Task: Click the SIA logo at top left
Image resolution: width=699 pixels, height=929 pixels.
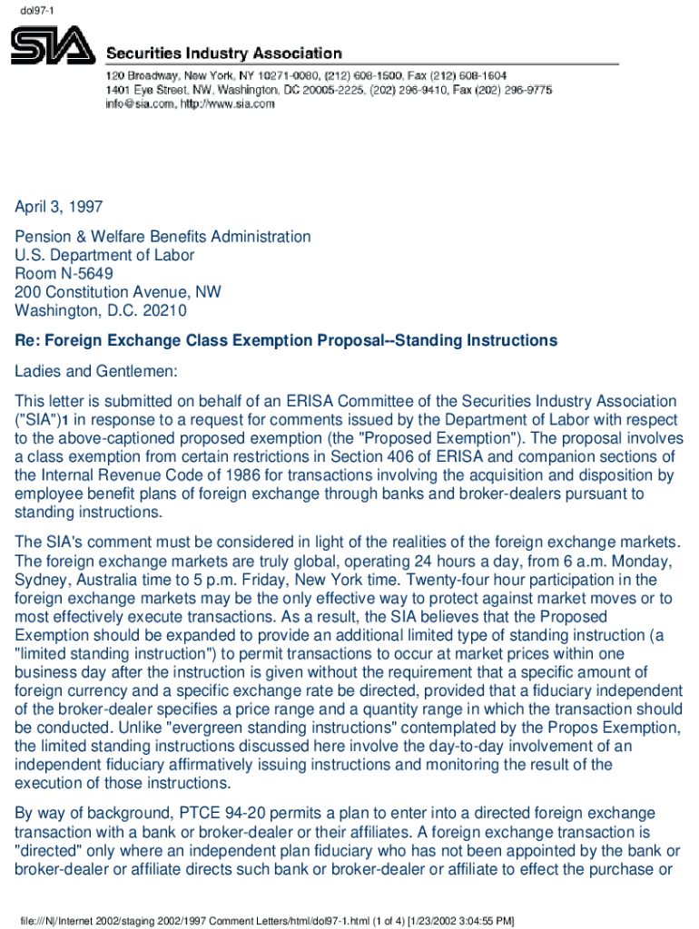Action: tap(52, 45)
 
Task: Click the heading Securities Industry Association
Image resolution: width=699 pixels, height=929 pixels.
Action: tap(225, 54)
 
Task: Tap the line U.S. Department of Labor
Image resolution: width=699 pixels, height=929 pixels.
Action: tap(104, 255)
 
